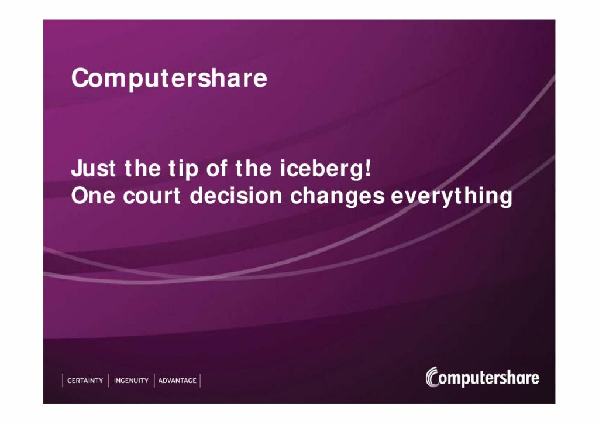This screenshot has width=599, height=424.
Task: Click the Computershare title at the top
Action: tap(169, 79)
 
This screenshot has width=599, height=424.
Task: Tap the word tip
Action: tap(183, 170)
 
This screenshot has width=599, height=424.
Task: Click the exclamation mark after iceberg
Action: tap(368, 168)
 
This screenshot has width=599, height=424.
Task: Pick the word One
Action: tap(93, 196)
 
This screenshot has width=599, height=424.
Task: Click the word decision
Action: tap(236, 196)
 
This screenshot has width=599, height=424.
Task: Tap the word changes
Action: tap(338, 197)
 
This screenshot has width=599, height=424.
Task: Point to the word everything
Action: tap(451, 197)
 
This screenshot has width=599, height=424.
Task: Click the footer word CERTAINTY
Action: tap(85, 381)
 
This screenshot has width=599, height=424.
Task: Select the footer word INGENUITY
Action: tap(131, 381)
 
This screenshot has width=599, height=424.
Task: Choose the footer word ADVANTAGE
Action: tap(177, 381)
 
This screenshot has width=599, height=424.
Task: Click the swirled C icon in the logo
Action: tap(432, 377)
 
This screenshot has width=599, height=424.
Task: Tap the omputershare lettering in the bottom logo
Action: tap(490, 378)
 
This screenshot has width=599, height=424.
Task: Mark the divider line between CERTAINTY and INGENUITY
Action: tap(108, 381)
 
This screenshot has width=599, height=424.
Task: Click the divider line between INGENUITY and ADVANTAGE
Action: tap(154, 381)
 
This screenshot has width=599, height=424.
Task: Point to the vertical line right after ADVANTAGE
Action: tap(200, 381)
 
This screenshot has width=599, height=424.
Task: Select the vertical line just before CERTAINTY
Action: tap(62, 381)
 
